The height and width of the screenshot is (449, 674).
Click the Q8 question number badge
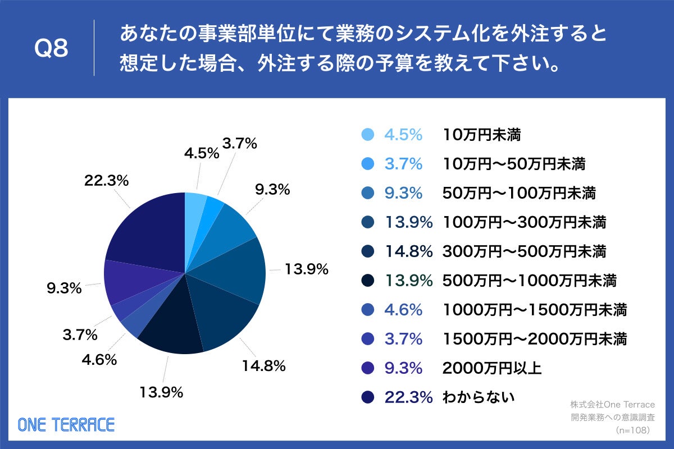point(51,49)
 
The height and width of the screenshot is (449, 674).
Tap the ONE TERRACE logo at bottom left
point(66,424)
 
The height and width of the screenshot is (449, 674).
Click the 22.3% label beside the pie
point(107,181)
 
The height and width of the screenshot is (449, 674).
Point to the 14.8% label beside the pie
point(264,366)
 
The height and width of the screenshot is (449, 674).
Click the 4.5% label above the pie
point(201,153)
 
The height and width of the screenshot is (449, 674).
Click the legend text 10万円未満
point(482,135)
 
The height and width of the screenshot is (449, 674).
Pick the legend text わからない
point(479,397)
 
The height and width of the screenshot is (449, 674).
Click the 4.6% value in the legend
point(403,310)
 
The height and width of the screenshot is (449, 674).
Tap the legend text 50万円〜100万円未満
point(520,193)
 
